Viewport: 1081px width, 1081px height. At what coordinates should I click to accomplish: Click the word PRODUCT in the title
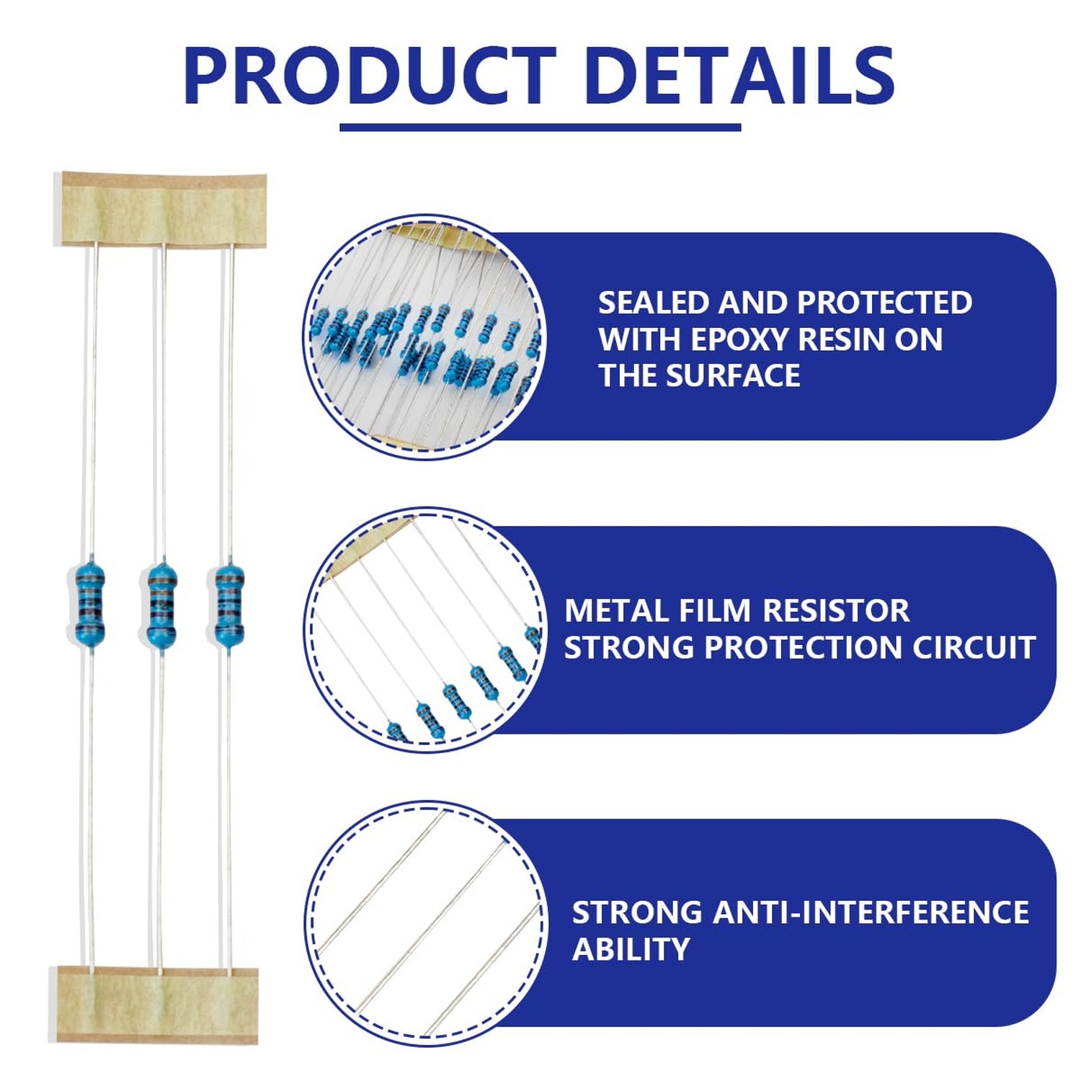[370, 76]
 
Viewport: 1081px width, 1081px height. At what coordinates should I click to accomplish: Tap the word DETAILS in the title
[740, 76]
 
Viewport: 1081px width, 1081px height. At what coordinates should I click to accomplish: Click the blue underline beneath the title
[540, 128]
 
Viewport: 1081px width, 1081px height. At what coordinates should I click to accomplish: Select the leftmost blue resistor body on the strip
[89, 604]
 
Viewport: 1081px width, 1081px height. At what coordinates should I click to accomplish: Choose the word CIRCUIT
[974, 647]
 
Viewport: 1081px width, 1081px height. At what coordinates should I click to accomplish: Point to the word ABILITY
[631, 949]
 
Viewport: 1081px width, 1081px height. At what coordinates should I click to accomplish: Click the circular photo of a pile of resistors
[425, 337]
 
